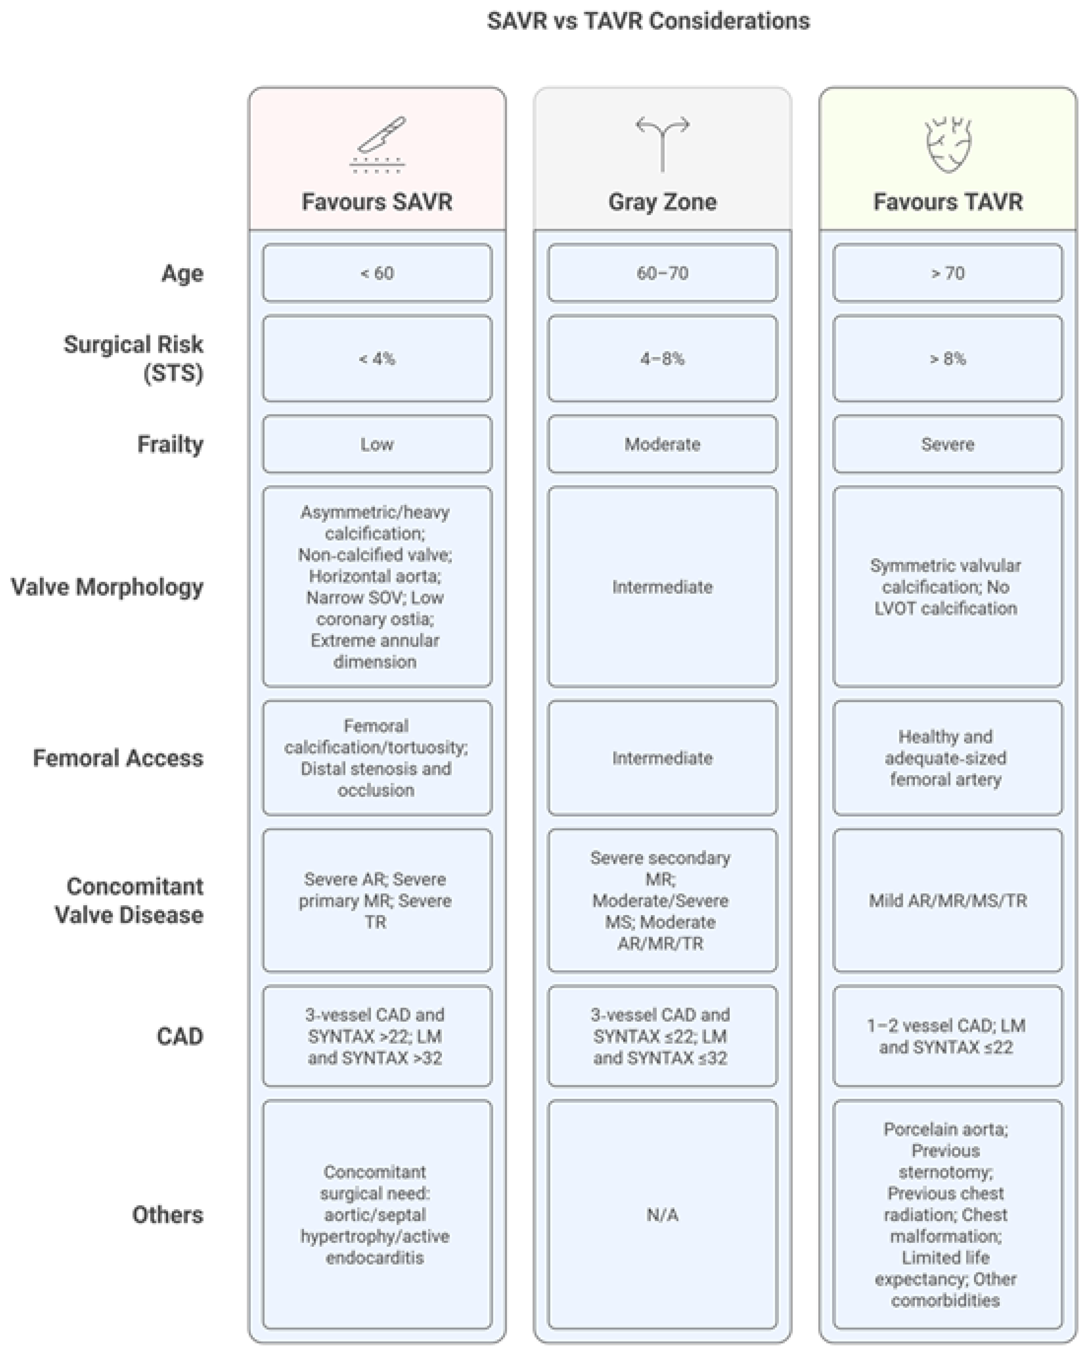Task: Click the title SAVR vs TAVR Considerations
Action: coord(648,21)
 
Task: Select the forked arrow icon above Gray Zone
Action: coord(662,143)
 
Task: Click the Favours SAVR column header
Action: coord(377,202)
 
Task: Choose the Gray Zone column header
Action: coord(662,202)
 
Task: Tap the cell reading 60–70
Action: coord(662,273)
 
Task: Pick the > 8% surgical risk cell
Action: coord(948,358)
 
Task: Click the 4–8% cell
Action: coord(662,358)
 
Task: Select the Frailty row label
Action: coord(170,444)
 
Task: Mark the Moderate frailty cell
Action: coord(662,444)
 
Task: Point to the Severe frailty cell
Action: coord(948,444)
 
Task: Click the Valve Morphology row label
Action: coord(107,587)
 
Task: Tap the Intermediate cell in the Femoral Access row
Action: coord(662,758)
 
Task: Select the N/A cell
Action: coord(662,1215)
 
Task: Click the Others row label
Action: coord(168,1215)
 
